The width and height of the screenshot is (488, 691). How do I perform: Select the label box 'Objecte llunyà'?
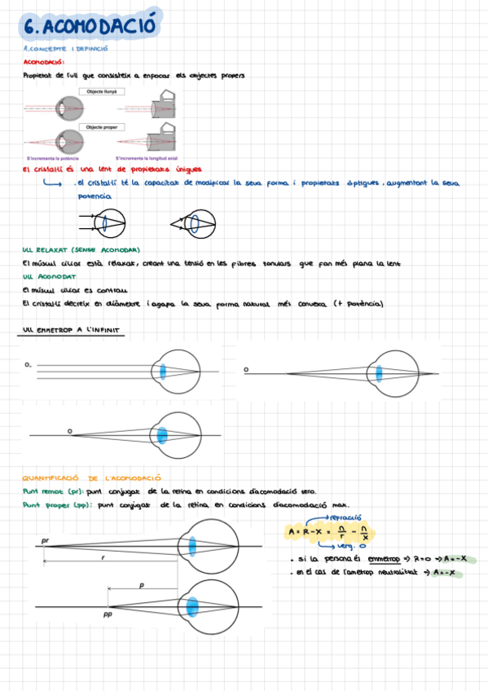[102, 92]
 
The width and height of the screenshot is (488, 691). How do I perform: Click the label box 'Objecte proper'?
[102, 128]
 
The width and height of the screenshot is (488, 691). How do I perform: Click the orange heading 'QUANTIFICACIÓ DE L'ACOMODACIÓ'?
[91, 478]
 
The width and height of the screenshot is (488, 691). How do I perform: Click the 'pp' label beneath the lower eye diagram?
[107, 615]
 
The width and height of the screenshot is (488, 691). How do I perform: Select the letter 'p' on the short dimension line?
[141, 585]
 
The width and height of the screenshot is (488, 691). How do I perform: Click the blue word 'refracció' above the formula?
[345, 517]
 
